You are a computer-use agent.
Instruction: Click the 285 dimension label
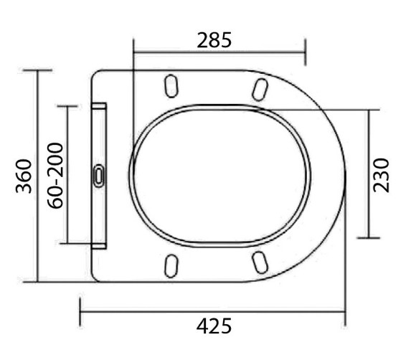point(214,40)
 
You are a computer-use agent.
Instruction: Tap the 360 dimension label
point(23,176)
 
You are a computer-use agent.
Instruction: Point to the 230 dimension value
point(382,174)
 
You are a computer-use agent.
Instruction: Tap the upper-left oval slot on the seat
point(171,85)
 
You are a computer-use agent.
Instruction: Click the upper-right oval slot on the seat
point(260,88)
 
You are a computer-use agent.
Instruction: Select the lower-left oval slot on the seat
point(171,265)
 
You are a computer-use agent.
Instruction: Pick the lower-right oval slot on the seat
point(260,263)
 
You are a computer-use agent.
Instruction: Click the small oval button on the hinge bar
point(99,175)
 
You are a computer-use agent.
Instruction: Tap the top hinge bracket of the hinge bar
point(99,107)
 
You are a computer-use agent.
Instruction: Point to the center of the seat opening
point(221,175)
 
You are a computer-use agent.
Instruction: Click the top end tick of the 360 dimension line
point(37,70)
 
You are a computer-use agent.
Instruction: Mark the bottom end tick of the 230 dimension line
point(369,238)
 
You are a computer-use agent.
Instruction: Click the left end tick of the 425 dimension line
point(80,313)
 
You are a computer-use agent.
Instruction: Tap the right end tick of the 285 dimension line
point(306,52)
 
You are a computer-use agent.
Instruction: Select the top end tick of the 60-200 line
point(67,106)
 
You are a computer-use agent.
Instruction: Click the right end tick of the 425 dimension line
point(346,313)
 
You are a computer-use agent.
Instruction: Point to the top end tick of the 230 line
point(369,110)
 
